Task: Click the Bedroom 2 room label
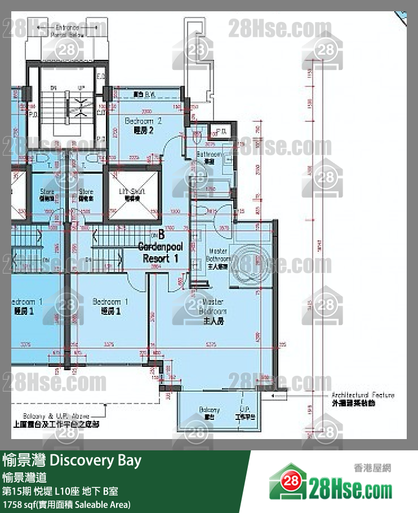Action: pyautogui.click(x=143, y=125)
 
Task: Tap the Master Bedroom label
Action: pyautogui.click(x=214, y=311)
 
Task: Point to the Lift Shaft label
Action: pyautogui.click(x=132, y=195)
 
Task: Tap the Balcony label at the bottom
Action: pyautogui.click(x=209, y=413)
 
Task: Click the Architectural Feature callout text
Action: pyautogui.click(x=362, y=398)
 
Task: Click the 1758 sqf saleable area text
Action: pyautogui.click(x=66, y=504)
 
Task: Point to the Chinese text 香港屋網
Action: pyautogui.click(x=372, y=467)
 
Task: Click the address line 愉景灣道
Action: pyautogui.click(x=22, y=477)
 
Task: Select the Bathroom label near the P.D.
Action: pyautogui.click(x=210, y=157)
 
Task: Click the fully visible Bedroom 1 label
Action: pyautogui.click(x=110, y=306)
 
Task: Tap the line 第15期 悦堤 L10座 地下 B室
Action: pyautogui.click(x=60, y=491)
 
